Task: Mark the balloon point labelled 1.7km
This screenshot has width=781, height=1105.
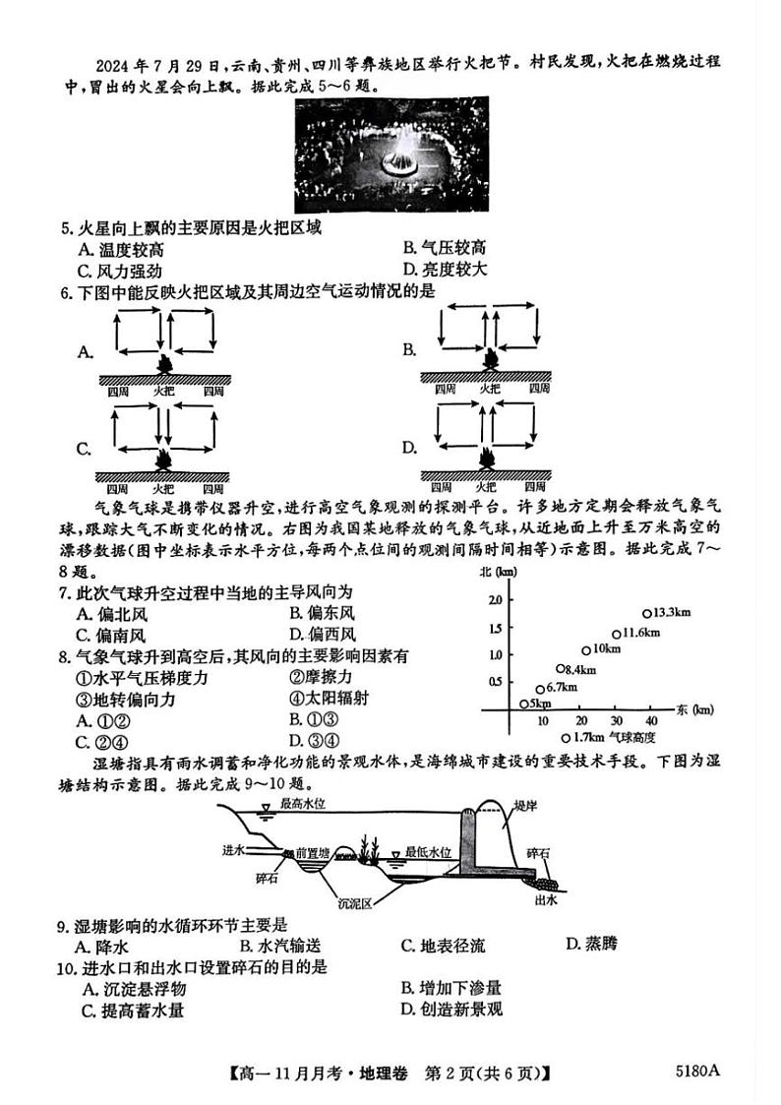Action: pos(566,737)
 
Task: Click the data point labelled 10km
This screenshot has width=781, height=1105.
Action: pos(585,649)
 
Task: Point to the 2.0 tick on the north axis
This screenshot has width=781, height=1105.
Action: pos(494,599)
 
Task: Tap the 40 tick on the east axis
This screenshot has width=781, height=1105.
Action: pos(651,720)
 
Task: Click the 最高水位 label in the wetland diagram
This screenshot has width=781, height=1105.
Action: pos(305,804)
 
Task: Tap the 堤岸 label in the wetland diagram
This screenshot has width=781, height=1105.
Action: pos(535,804)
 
